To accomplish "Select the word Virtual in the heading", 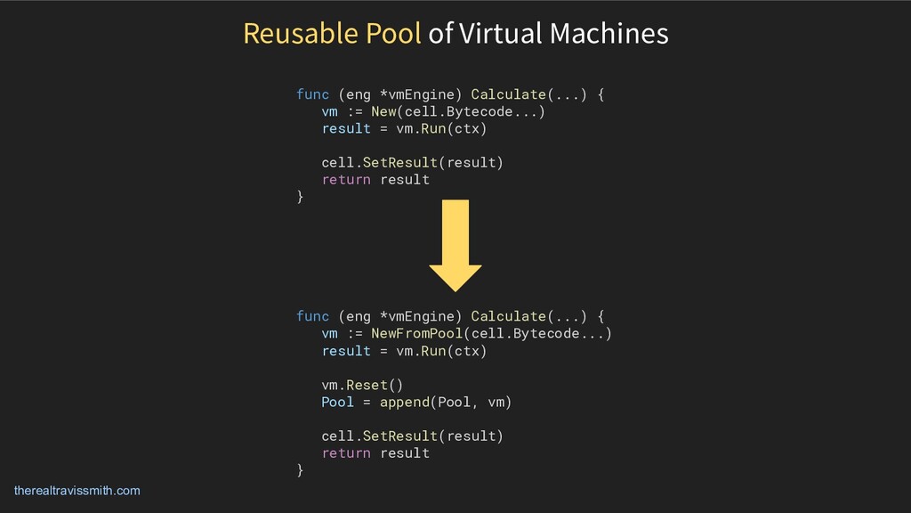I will pos(498,34).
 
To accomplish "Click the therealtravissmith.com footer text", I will pos(77,491).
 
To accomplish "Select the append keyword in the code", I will pos(404,402).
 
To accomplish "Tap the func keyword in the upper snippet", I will pos(312,94).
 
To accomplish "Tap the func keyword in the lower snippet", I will pos(312,316).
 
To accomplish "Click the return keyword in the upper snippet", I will pos(346,179).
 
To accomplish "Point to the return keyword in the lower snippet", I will pos(346,452).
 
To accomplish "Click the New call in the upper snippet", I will pos(383,111).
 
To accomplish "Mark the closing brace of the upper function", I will pos(300,197).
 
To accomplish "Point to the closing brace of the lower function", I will pos(300,470).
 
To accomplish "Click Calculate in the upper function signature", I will pos(508,94).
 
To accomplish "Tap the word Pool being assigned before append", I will pos(338,402).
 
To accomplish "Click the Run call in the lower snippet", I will pos(433,351).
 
